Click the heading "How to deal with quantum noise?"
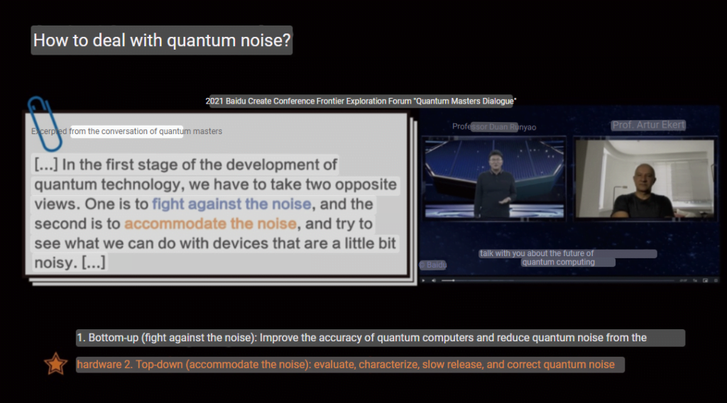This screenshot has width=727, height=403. [162, 40]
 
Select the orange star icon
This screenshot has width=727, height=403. [55, 364]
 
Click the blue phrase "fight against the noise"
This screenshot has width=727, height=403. [231, 204]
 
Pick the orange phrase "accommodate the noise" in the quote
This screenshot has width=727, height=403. [210, 223]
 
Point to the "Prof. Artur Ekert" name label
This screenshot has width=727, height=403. [648, 125]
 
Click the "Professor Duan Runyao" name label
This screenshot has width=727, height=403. [494, 127]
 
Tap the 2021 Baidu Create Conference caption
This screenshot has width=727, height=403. [361, 101]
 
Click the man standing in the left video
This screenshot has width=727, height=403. [493, 184]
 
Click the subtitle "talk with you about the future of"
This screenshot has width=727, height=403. [537, 253]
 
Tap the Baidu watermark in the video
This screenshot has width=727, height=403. [434, 265]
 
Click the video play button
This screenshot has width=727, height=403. [423, 280]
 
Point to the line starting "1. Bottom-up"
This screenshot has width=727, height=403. [361, 338]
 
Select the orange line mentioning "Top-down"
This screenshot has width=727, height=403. [346, 365]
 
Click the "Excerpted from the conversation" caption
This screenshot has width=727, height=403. [126, 131]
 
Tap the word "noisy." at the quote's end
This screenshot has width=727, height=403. [56, 263]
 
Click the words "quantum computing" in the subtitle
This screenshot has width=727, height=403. [558, 263]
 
